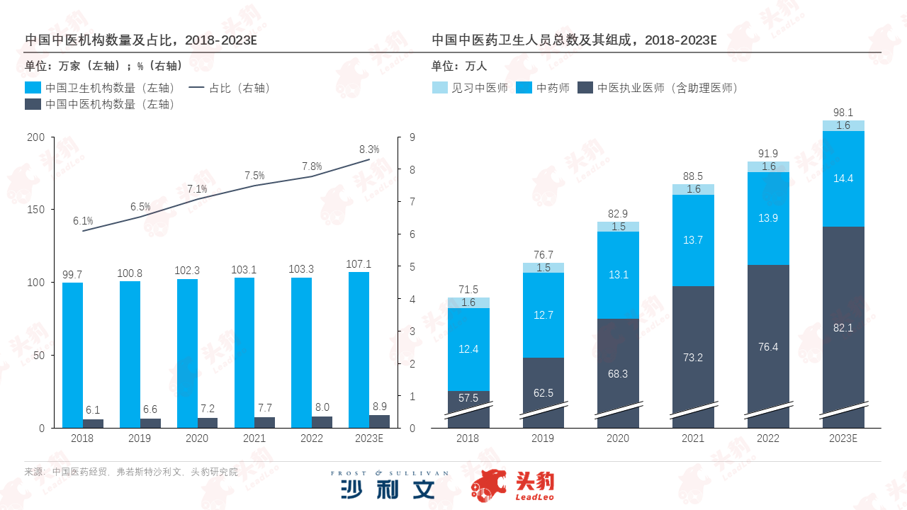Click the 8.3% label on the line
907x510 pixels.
pos(369,149)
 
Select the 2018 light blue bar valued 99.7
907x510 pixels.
pos(72,355)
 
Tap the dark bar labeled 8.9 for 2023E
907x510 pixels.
pos(380,421)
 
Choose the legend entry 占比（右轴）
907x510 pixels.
pos(230,89)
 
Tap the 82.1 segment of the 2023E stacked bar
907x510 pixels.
pos(843,327)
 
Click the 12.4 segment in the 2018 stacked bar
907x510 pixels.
pos(468,349)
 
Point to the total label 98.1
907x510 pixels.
pos(843,113)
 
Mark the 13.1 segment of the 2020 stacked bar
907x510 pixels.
pos(618,275)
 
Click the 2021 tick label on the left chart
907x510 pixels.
pos(254,438)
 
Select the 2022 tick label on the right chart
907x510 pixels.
pos(768,438)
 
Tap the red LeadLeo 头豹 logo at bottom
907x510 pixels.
pos(513,485)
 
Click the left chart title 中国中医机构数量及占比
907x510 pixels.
pos(140,40)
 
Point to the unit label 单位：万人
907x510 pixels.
pos(459,66)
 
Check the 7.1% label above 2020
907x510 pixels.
pos(197,189)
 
